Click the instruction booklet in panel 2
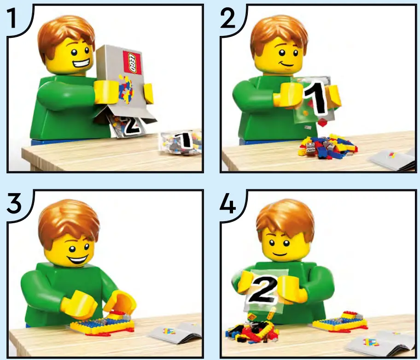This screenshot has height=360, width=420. [392, 159]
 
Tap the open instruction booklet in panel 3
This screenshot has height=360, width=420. [175, 333]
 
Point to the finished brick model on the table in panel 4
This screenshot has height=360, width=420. [341, 321]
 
